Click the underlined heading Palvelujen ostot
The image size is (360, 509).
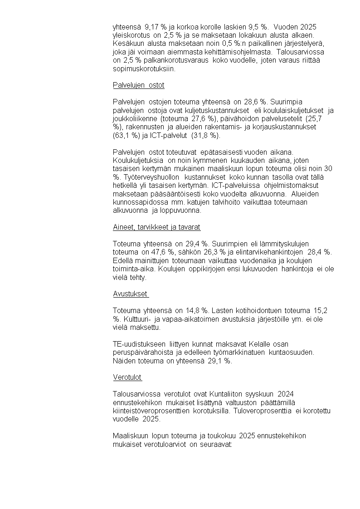click(138, 85)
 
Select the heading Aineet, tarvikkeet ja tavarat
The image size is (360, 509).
click(156, 227)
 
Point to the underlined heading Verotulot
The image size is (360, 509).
click(127, 377)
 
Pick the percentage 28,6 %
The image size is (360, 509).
click(253, 102)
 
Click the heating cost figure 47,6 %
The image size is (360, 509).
click(170, 252)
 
